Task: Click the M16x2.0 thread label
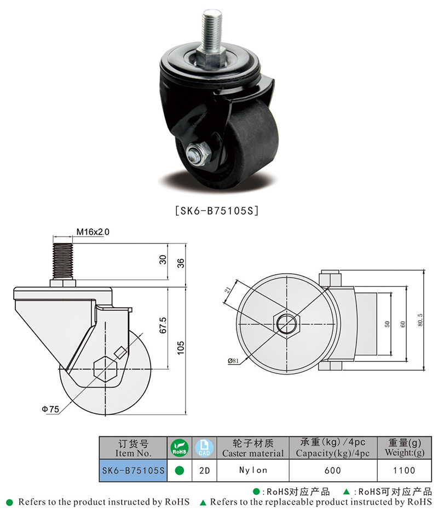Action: click(x=93, y=232)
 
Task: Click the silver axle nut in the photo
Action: click(x=198, y=154)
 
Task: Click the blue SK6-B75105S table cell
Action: click(x=133, y=470)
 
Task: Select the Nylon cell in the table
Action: click(x=253, y=470)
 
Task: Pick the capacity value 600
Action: click(x=332, y=470)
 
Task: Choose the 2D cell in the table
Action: click(x=204, y=470)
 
